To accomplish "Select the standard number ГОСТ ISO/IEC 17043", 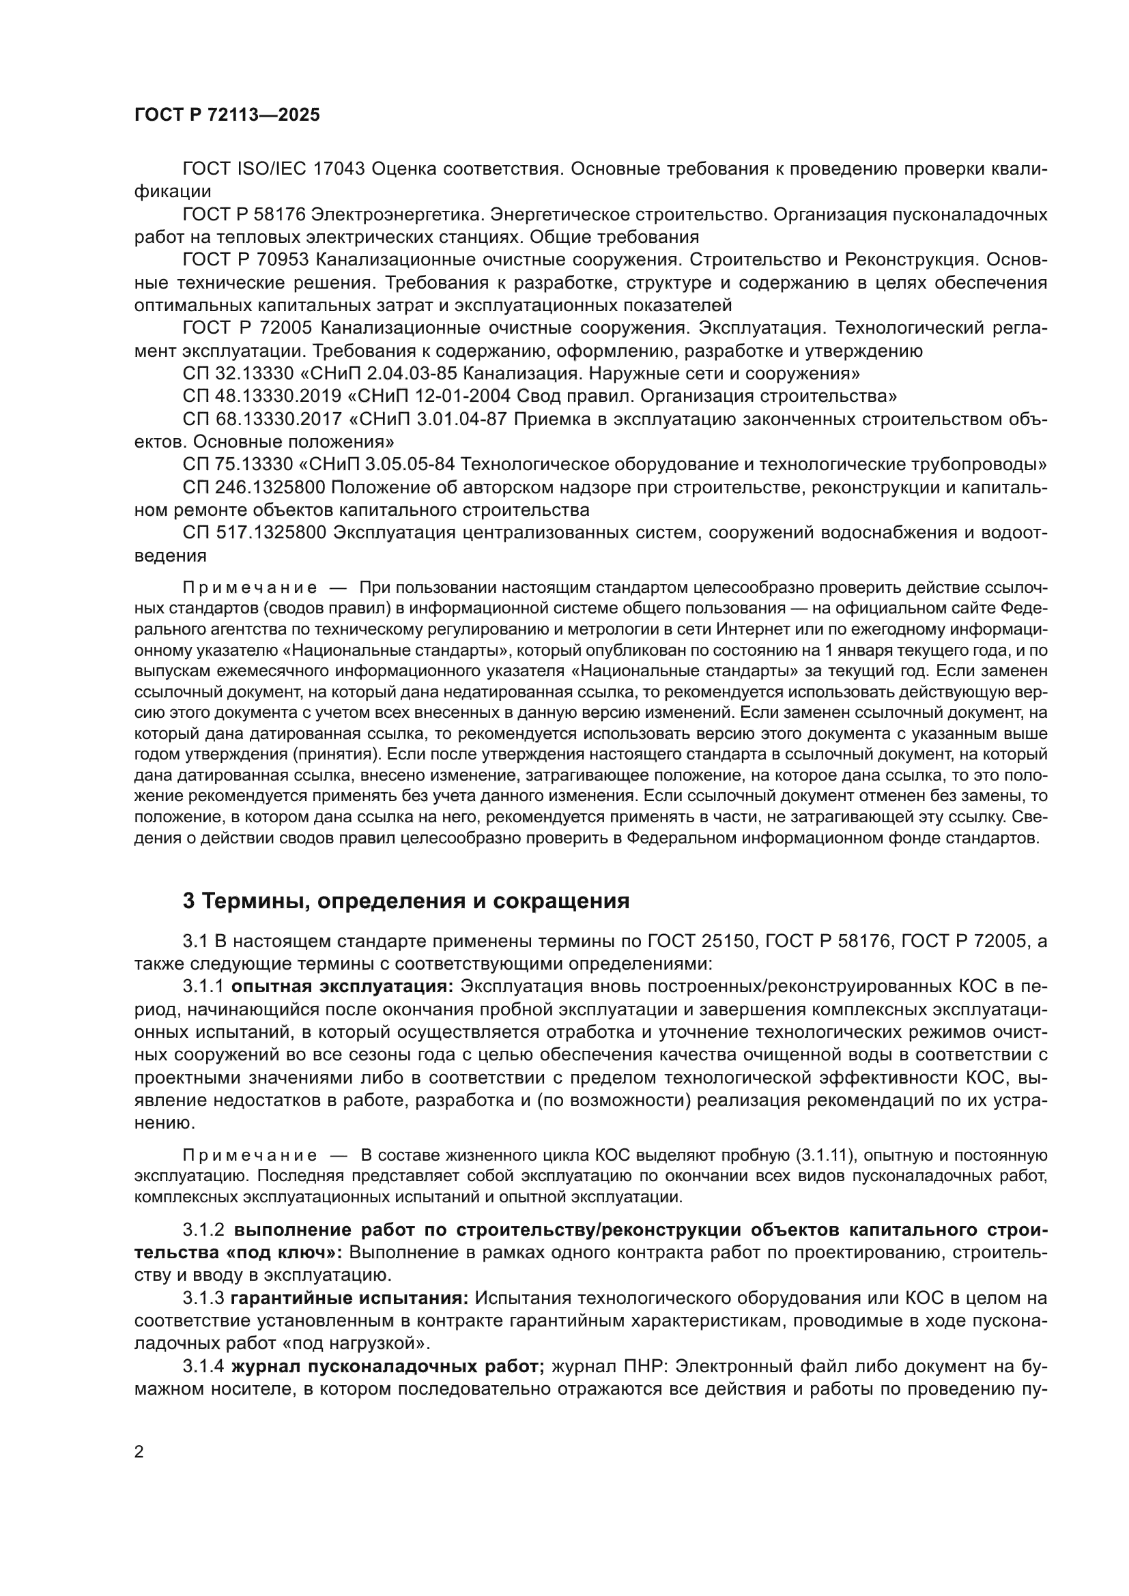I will tap(274, 169).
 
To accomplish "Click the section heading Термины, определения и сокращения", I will tap(406, 901).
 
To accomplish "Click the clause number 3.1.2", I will tap(203, 1230).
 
